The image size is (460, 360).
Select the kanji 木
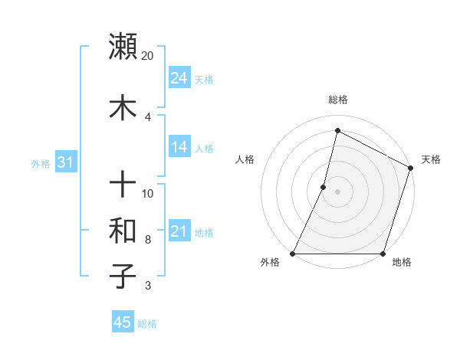point(123,108)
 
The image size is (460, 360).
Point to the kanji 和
point(123,230)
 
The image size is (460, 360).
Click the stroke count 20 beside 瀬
point(148,56)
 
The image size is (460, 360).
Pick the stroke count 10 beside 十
point(148,194)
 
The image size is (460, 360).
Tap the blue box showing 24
point(179,78)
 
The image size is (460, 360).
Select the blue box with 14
point(179,147)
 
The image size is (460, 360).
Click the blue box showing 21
point(179,231)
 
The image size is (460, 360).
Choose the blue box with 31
point(65,162)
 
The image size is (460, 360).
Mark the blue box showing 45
point(123,322)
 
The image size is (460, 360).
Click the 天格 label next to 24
point(204,80)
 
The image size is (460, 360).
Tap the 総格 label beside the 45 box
point(147,324)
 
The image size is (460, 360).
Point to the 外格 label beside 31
point(41,164)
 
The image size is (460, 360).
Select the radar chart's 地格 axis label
point(402,263)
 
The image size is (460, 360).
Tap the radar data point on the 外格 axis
point(293,254)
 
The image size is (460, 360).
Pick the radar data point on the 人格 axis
point(324,187)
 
